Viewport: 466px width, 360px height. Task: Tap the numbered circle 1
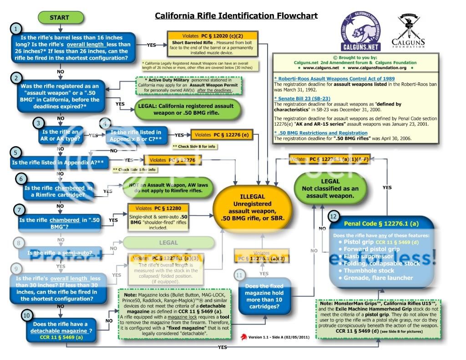[17, 28]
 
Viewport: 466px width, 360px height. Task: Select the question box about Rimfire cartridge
[58, 192]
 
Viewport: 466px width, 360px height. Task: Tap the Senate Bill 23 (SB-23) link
[303, 99]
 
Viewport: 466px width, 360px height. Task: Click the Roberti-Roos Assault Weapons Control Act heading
[334, 78]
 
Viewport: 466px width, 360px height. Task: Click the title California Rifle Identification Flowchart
[236, 16]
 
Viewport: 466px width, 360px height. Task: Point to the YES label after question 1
[152, 45]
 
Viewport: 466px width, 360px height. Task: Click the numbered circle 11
[240, 275]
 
